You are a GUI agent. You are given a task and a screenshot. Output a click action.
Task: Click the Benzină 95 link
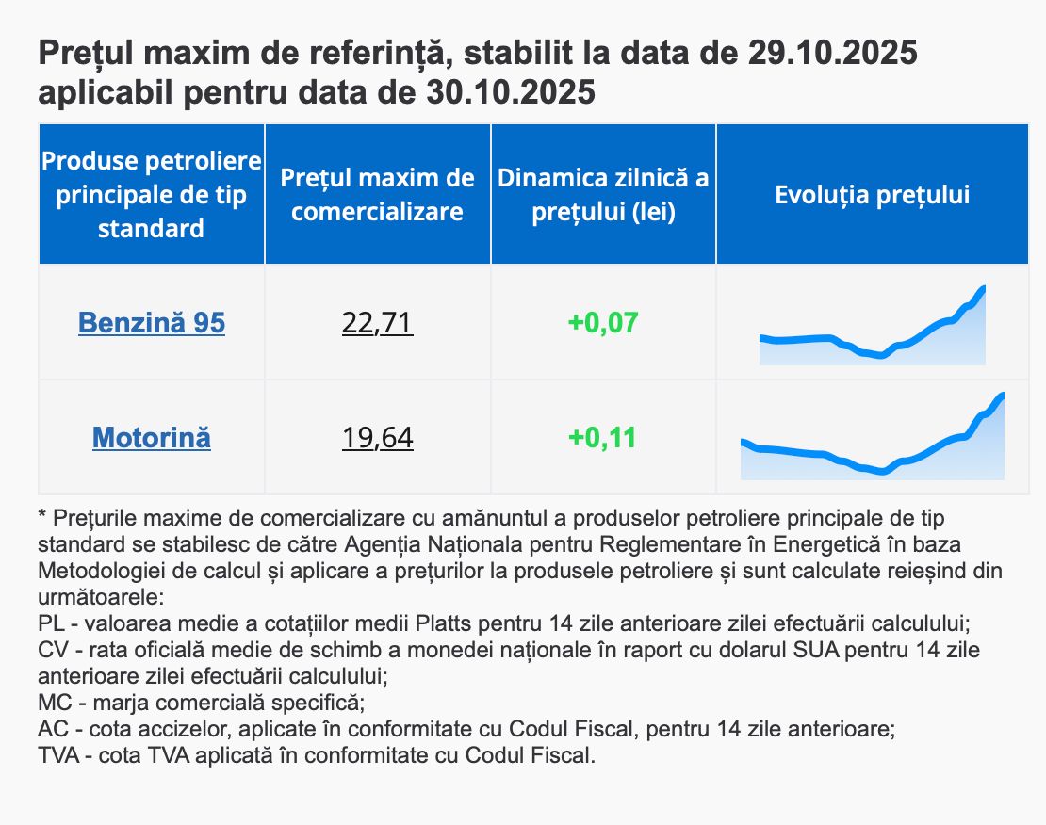pos(152,323)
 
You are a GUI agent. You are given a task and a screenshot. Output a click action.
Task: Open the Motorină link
pos(152,438)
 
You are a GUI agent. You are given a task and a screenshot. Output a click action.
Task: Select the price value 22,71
pos(377,323)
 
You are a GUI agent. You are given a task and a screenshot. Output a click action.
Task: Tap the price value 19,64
pos(377,438)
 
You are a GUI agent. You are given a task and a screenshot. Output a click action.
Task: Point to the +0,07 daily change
pos(603,323)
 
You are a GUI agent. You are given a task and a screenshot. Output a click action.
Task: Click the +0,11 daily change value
pos(603,438)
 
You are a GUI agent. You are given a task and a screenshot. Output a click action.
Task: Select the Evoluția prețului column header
pos(872,195)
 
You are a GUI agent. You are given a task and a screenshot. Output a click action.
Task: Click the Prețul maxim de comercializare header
pos(377,195)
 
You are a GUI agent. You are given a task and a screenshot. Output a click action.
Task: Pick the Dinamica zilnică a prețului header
pos(603,195)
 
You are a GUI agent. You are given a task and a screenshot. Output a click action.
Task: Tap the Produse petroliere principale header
pos(152,195)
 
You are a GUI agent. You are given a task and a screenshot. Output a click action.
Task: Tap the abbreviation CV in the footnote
pos(52,650)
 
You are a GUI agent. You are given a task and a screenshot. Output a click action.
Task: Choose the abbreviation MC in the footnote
pos(53,703)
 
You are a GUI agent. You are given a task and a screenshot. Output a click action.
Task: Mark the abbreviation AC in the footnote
pos(52,729)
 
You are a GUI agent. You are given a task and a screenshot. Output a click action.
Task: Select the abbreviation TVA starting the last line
pos(58,755)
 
